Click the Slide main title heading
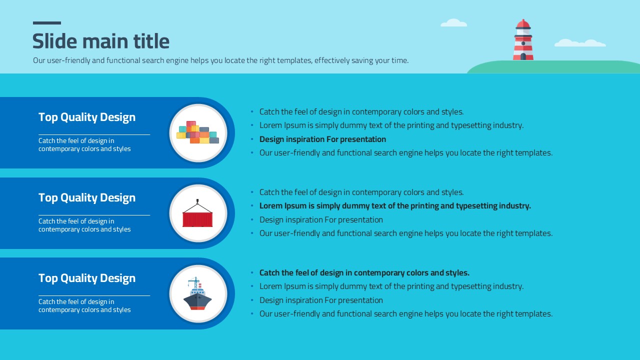click(x=101, y=41)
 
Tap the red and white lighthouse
click(x=523, y=39)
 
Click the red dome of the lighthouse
click(x=523, y=23)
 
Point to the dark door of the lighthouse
click(x=523, y=56)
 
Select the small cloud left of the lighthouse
click(x=453, y=23)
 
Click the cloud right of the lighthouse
click(x=580, y=43)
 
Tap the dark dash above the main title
click(x=47, y=23)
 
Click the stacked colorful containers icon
click(x=197, y=132)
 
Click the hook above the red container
click(x=197, y=201)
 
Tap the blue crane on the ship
click(x=193, y=282)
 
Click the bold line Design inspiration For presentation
click(x=322, y=139)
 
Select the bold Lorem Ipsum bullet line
click(x=395, y=206)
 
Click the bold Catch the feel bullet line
click(x=364, y=273)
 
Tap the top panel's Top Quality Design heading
click(x=87, y=117)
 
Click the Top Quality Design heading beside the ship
click(x=87, y=278)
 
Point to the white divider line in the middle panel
click(x=94, y=215)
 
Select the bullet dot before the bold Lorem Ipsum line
click(x=252, y=205)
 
